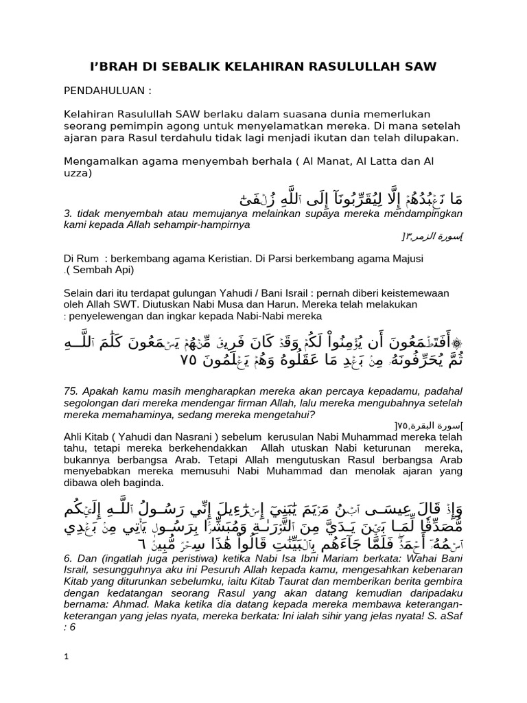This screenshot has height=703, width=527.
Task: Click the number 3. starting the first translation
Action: pos(67,214)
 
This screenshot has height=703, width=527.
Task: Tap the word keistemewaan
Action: pos(412,293)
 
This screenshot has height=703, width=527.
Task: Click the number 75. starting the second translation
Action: pos(72,391)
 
